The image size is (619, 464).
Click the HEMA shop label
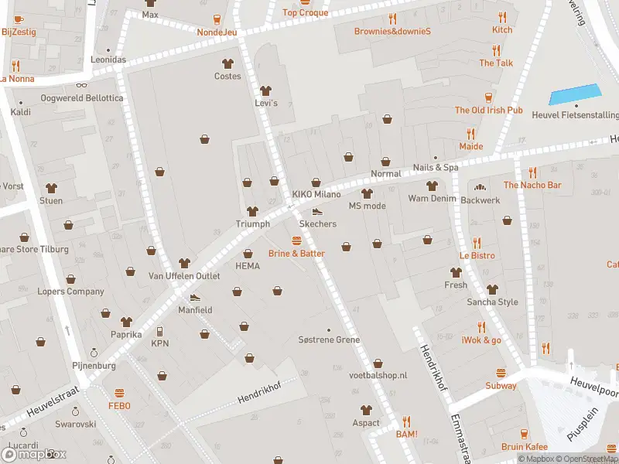click(x=248, y=266)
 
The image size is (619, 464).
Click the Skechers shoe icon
click(x=316, y=211)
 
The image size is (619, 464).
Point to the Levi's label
click(x=266, y=103)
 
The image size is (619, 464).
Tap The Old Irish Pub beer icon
click(x=488, y=97)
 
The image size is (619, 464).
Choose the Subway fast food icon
click(x=501, y=373)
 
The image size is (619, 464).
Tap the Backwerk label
click(x=480, y=200)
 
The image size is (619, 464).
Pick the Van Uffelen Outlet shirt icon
click(x=184, y=264)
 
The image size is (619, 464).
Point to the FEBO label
click(x=119, y=405)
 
